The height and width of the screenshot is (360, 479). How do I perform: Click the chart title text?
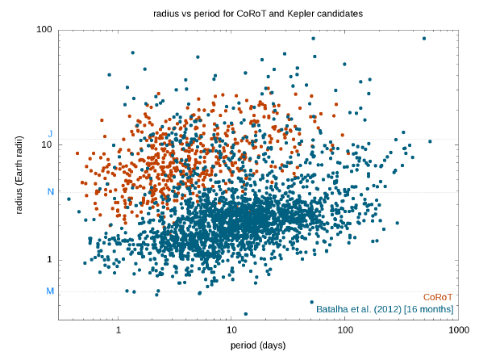pyautogui.click(x=258, y=14)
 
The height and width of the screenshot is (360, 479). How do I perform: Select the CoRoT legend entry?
pyautogui.click(x=437, y=297)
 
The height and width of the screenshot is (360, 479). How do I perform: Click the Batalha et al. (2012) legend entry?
pyautogui.click(x=385, y=309)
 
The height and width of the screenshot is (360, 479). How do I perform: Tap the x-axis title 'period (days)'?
pyautogui.click(x=258, y=345)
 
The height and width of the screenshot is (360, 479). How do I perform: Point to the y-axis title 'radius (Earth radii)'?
pyautogui.click(x=19, y=174)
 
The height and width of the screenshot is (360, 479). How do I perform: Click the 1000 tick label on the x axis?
pyautogui.click(x=459, y=330)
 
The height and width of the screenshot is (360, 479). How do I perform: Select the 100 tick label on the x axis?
pyautogui.click(x=345, y=330)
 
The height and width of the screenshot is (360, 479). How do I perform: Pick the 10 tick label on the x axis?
pyautogui.click(x=231, y=330)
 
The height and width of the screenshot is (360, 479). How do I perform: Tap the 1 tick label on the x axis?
pyautogui.click(x=119, y=330)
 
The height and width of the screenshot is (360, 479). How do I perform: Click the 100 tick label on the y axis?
pyautogui.click(x=44, y=30)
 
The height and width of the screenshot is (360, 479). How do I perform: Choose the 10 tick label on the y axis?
pyautogui.click(x=47, y=144)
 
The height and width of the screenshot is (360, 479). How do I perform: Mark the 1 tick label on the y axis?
pyautogui.click(x=49, y=260)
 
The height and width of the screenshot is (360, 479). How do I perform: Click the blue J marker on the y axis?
pyautogui.click(x=51, y=134)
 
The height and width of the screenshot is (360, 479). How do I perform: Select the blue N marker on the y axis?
pyautogui.click(x=51, y=192)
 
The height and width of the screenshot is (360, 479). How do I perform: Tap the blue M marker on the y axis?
pyautogui.click(x=50, y=291)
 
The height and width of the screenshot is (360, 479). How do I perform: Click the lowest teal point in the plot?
pyautogui.click(x=246, y=314)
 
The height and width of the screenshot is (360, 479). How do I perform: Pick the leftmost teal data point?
pyautogui.click(x=69, y=199)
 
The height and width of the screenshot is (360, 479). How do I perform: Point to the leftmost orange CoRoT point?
pyautogui.click(x=77, y=153)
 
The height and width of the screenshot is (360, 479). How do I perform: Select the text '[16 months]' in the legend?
pyautogui.click(x=428, y=309)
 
